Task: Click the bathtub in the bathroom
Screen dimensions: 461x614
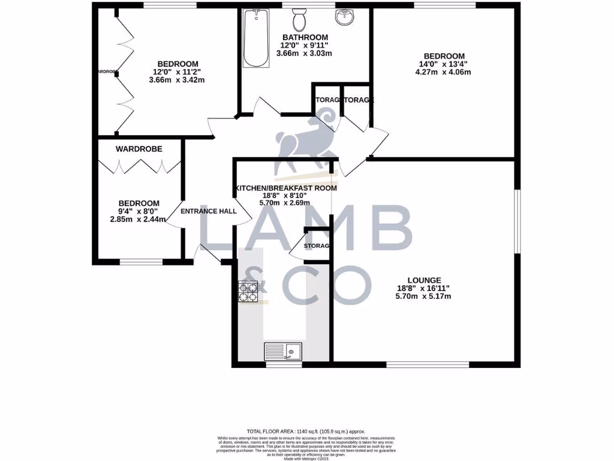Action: [257, 39]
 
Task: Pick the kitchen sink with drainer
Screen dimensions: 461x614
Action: [284, 351]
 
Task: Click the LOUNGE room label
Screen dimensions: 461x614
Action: [424, 280]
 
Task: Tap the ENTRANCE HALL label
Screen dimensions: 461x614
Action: [209, 211]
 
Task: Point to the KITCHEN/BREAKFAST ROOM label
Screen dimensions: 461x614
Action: [286, 188]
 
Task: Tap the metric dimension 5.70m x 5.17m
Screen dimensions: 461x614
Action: [423, 296]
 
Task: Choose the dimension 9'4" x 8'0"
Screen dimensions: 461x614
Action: [139, 211]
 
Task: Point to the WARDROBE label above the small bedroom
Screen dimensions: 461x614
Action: [139, 148]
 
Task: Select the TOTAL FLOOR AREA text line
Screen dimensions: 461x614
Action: [306, 431]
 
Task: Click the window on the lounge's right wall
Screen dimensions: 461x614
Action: [517, 222]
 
